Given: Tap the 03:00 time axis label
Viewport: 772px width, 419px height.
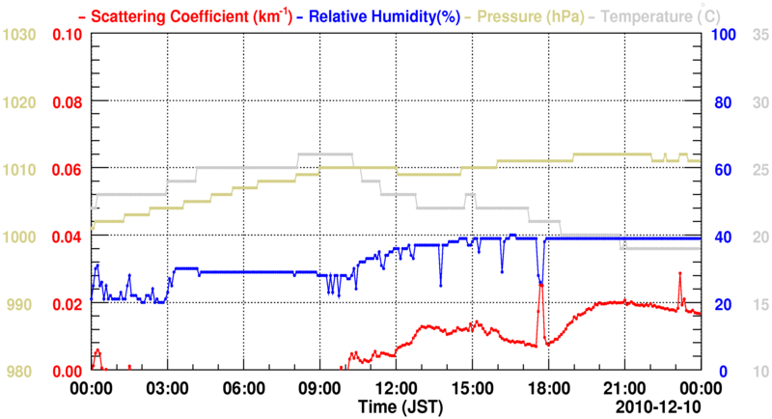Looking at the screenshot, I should (x=167, y=390).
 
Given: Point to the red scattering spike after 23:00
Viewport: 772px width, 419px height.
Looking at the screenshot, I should (x=679, y=274).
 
